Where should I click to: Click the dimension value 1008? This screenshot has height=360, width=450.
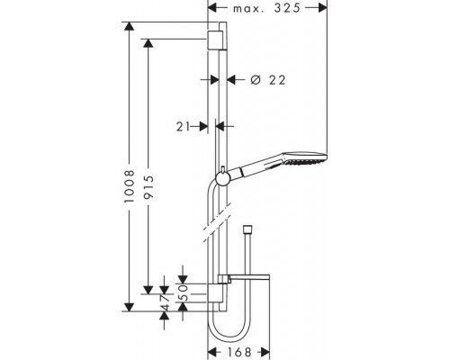130,186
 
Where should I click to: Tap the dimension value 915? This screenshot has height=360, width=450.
148,187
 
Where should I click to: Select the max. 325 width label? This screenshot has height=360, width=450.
266,8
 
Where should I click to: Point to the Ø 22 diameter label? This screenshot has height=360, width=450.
268,80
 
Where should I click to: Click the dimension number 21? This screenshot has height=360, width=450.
183,127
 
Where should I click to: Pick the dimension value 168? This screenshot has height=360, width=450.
239,352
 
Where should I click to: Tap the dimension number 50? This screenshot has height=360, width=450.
183,292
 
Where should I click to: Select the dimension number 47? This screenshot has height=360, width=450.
165,302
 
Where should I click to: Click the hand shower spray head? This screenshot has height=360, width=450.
303,158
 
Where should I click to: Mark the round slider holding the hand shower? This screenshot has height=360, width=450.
222,179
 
